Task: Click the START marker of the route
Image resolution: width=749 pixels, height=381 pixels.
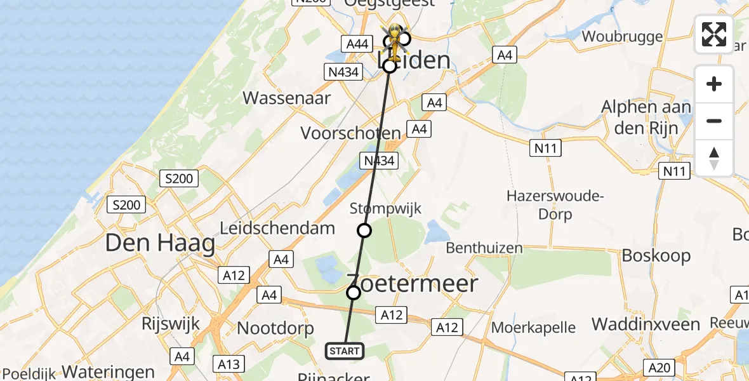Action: pyautogui.click(x=345, y=351)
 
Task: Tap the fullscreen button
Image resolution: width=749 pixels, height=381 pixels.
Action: pyautogui.click(x=714, y=34)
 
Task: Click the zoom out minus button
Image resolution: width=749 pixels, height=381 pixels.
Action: pyautogui.click(x=714, y=121)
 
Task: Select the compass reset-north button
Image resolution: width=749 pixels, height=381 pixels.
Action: pyautogui.click(x=714, y=157)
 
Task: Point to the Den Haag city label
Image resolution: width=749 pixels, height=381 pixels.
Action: pyautogui.click(x=160, y=243)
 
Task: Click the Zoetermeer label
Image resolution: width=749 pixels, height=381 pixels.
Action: pyautogui.click(x=412, y=283)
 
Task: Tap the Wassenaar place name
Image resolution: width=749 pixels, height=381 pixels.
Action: pyautogui.click(x=287, y=98)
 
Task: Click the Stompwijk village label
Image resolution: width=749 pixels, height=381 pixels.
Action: pyautogui.click(x=385, y=208)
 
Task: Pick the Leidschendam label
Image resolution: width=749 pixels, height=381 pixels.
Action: pyautogui.click(x=277, y=228)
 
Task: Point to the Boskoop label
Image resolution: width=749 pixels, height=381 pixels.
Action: pyautogui.click(x=656, y=255)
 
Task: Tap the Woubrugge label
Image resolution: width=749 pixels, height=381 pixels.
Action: pyautogui.click(x=622, y=36)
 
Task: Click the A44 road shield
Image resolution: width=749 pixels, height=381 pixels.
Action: pyautogui.click(x=356, y=43)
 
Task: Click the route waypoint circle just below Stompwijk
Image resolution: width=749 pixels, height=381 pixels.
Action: pyautogui.click(x=364, y=231)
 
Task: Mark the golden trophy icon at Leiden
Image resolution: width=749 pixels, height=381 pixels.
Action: pyautogui.click(x=395, y=39)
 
